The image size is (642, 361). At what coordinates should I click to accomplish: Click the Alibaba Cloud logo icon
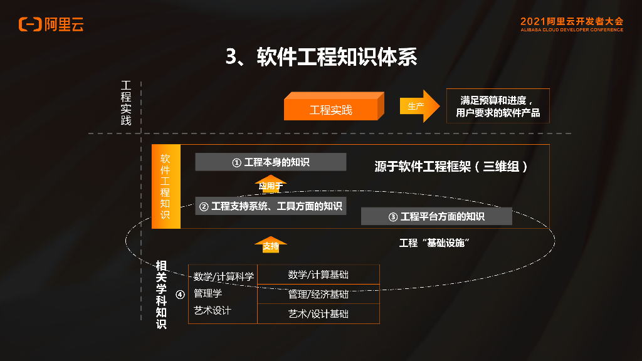click(29, 24)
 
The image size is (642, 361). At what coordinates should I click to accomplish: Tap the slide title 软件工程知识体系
click(321, 57)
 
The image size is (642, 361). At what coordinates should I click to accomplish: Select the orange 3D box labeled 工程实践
click(332, 108)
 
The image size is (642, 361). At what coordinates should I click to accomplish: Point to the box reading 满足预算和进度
click(497, 106)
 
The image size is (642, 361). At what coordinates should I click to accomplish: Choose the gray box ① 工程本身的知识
click(270, 162)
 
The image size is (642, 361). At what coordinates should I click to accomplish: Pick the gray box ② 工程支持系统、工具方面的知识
click(270, 206)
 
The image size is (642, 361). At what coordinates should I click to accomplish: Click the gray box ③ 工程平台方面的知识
click(436, 216)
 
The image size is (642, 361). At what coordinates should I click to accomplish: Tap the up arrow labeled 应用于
click(271, 185)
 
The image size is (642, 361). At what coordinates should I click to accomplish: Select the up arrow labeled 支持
click(271, 244)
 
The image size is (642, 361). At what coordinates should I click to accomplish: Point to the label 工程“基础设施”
click(434, 243)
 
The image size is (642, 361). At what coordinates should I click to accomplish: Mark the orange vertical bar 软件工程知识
click(166, 187)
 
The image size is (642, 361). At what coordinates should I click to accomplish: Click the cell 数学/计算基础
click(318, 275)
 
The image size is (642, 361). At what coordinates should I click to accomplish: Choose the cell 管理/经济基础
click(318, 294)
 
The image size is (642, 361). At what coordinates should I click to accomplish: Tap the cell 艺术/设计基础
click(318, 313)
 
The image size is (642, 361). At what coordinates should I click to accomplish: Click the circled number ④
click(180, 294)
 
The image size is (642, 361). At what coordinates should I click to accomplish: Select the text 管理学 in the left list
click(208, 293)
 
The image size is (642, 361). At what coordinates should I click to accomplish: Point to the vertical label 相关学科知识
click(161, 295)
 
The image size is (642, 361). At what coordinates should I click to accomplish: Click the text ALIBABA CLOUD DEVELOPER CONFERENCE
click(571, 29)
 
